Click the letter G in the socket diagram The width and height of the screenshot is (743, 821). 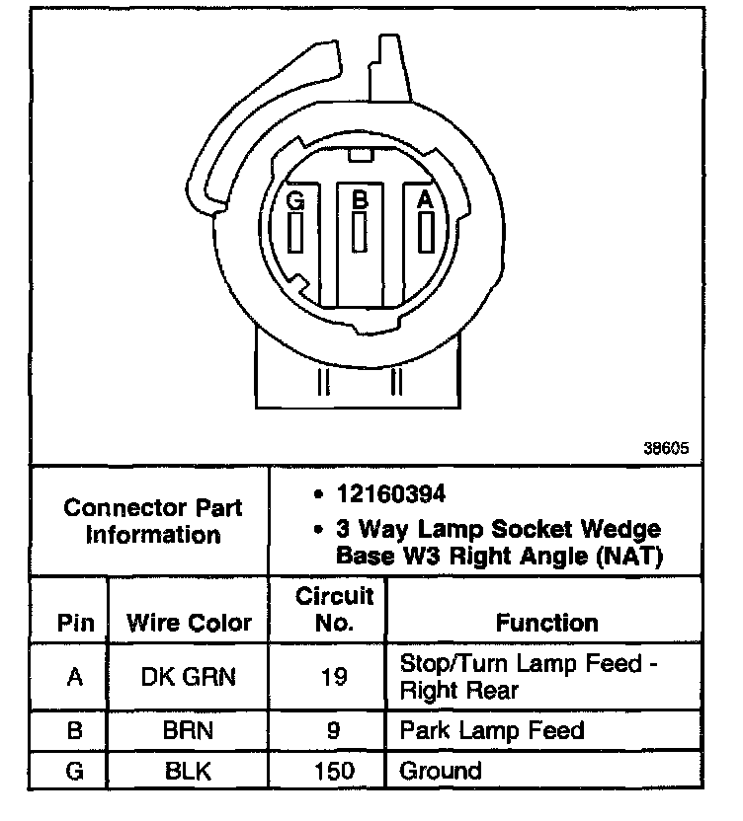(294, 198)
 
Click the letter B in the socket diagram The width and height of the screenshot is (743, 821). (361, 198)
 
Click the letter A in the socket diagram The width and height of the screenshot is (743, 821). (426, 198)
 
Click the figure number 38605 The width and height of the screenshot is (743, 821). (665, 447)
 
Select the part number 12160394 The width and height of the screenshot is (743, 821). (389, 491)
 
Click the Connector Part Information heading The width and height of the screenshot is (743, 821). (152, 522)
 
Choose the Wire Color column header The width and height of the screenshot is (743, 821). (189, 623)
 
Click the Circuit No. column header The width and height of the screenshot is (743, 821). (335, 609)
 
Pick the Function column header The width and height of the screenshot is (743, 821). (546, 623)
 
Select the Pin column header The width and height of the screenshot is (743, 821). (74, 623)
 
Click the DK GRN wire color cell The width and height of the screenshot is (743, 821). (189, 677)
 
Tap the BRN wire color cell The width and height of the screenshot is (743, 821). (189, 731)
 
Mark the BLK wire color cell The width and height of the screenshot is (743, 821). (189, 771)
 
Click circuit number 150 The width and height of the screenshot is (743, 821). (335, 771)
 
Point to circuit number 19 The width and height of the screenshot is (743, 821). (335, 677)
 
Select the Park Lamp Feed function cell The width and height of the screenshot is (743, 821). (491, 731)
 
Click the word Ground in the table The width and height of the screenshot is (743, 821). (440, 771)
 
